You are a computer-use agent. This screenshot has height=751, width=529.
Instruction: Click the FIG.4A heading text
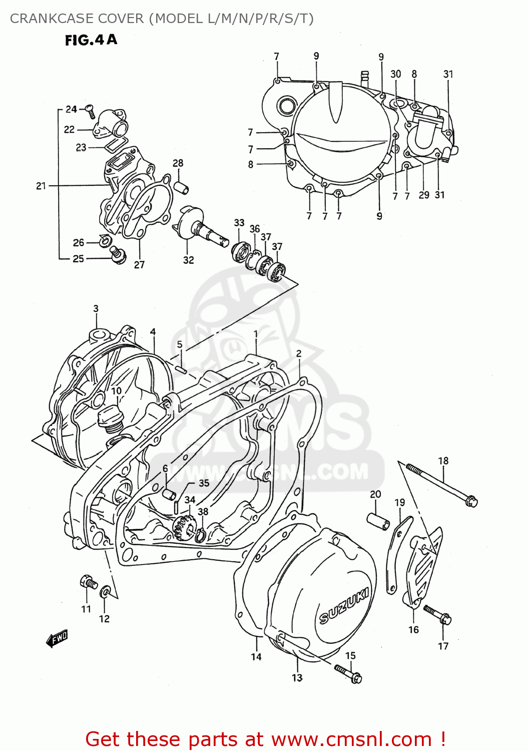pyautogui.click(x=91, y=40)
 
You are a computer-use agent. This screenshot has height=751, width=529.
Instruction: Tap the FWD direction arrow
pyautogui.click(x=57, y=639)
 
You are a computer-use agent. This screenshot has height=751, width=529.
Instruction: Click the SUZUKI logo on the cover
pyautogui.click(x=344, y=606)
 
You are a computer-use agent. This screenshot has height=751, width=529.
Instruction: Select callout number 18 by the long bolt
pyautogui.click(x=443, y=461)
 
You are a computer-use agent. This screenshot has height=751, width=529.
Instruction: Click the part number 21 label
pyautogui.click(x=41, y=186)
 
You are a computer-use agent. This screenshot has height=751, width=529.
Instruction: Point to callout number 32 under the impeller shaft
pyautogui.click(x=188, y=260)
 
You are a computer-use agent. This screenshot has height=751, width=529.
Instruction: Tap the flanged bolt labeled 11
pyautogui.click(x=88, y=582)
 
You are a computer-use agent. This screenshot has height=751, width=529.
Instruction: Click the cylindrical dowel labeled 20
pyautogui.click(x=379, y=521)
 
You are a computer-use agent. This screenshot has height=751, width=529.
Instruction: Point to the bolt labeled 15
pyautogui.click(x=348, y=673)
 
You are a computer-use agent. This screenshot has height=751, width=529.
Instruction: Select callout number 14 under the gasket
pyautogui.click(x=256, y=656)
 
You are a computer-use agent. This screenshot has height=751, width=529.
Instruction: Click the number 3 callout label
pyautogui.click(x=96, y=308)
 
